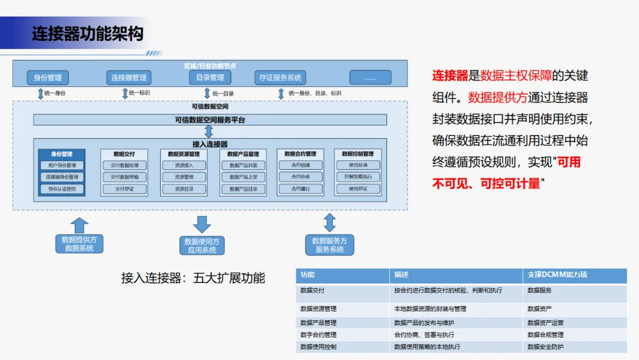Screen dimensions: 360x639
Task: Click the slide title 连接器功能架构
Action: click(88, 33)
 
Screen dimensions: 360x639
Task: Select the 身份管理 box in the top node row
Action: click(48, 78)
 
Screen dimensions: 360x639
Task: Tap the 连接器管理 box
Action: click(129, 78)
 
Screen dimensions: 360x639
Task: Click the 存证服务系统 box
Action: click(280, 78)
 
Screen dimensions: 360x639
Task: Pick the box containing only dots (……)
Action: click(370, 78)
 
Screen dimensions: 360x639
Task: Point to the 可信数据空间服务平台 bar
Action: click(210, 120)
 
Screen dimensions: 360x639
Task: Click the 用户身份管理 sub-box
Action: click(62, 165)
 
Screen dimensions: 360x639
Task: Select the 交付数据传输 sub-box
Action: click(124, 177)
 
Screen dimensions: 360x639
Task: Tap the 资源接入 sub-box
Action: click(184, 165)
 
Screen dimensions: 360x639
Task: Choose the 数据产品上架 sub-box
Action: click(243, 177)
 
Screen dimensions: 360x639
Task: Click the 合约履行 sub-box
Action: click(301, 189)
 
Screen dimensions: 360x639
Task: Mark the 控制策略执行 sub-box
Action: click(358, 177)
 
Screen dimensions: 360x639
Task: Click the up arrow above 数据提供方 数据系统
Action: click(79, 225)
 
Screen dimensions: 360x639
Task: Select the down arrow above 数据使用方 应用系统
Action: click(202, 224)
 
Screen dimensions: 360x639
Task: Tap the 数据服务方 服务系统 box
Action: click(330, 245)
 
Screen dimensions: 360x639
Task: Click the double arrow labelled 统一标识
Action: click(125, 93)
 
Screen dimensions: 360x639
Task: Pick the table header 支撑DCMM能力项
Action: click(557, 275)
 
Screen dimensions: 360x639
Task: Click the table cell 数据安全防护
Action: click(545, 346)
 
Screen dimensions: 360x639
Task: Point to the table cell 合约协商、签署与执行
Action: click(424, 335)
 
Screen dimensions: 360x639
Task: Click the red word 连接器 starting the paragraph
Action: click(450, 76)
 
